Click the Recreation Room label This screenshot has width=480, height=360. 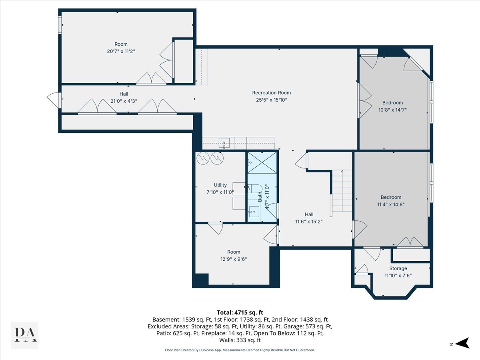coord(271,93)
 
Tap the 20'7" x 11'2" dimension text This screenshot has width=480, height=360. coord(121,51)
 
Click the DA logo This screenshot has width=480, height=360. coord(25,335)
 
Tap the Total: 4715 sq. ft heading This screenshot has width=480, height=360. coord(240,312)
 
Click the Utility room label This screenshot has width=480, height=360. coord(220,185)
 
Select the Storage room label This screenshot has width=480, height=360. coord(398,268)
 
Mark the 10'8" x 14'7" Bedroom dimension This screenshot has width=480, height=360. coord(392,110)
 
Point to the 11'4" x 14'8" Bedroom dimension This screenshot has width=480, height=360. coord(391,204)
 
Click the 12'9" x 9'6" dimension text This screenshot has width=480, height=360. coord(234,259)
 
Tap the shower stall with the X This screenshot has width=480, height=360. coord(262,163)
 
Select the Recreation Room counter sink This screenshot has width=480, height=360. coord(224,143)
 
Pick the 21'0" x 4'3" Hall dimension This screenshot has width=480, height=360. coord(124,101)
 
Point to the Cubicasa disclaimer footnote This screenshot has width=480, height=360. coord(240,350)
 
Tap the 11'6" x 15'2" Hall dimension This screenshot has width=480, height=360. coord(309,222)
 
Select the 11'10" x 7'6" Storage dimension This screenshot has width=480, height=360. coord(398,276)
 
